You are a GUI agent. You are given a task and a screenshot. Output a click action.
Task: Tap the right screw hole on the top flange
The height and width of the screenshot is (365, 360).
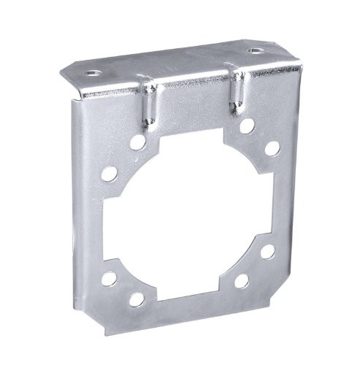click(254, 52)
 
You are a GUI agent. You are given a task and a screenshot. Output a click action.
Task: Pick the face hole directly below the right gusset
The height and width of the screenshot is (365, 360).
click(248, 126)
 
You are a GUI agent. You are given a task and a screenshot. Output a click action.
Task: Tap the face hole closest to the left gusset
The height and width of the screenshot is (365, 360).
click(137, 142)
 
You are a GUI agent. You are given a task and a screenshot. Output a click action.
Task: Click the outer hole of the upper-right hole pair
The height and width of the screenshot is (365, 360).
click(272, 148)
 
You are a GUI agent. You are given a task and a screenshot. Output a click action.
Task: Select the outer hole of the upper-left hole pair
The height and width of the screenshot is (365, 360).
click(109, 174)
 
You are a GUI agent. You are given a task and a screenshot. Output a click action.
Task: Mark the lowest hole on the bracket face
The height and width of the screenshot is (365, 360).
click(137, 299)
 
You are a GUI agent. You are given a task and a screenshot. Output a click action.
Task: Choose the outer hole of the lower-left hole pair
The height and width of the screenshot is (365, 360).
click(108, 277)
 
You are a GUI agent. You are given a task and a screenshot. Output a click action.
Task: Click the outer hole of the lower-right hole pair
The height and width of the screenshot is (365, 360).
click(268, 251)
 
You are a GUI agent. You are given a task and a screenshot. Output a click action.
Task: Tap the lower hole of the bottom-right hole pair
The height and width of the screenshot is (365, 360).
click(242, 280)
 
